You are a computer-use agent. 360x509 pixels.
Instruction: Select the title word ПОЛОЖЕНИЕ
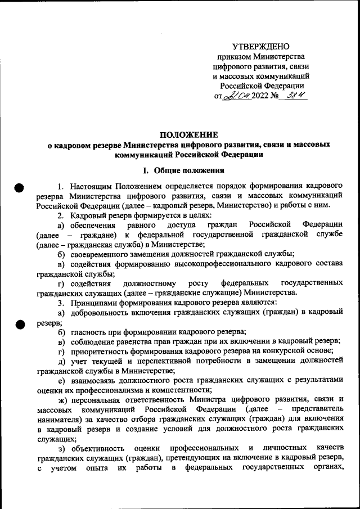[x=188, y=135]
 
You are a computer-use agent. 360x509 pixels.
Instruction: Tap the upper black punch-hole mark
[x=19, y=189]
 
